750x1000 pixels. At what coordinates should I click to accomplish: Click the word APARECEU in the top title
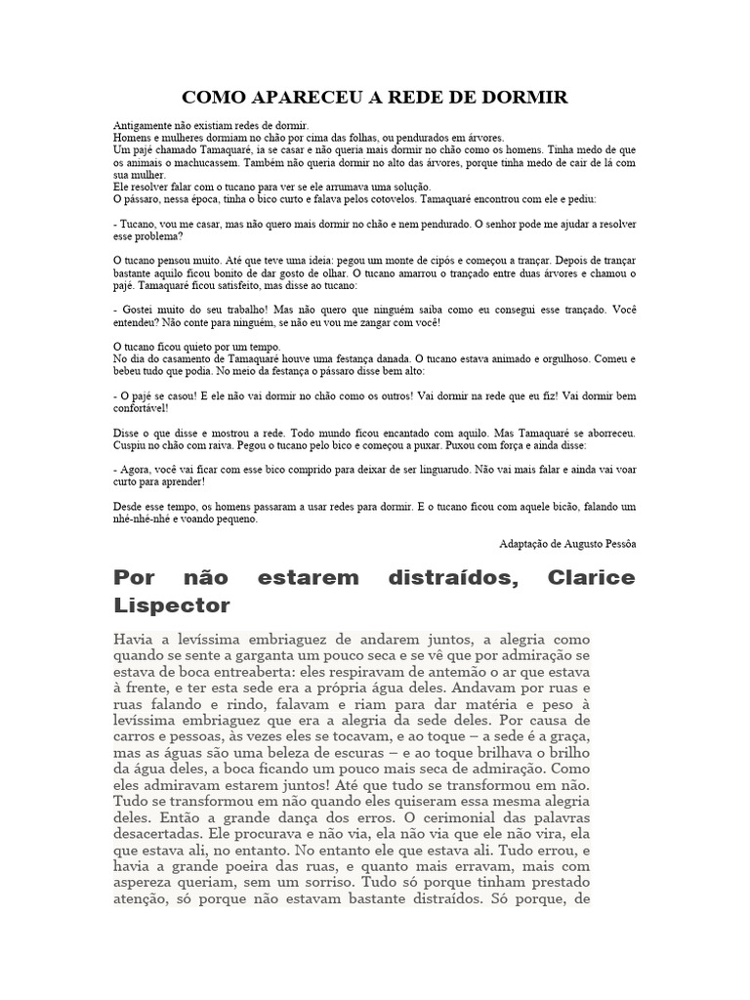pos(282,98)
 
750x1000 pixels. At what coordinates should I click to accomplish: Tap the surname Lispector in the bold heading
pos(172,605)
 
